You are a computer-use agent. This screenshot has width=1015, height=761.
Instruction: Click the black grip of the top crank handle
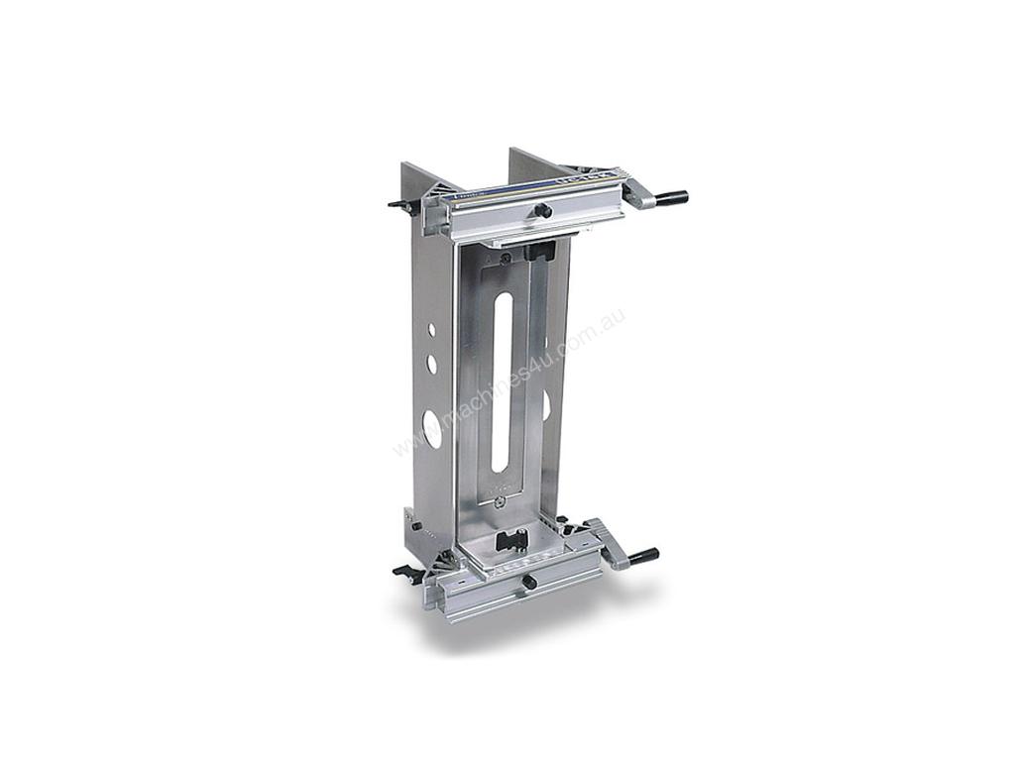pos(671,198)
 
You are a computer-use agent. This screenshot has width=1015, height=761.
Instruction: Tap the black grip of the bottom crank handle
pos(643,556)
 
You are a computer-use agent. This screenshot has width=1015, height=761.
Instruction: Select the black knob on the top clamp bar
pos(542,210)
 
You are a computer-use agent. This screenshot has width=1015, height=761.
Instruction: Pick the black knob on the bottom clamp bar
pos(529,583)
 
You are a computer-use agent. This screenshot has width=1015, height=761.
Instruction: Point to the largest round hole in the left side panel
pos(432,427)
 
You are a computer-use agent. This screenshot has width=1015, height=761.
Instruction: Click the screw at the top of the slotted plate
pos(506,259)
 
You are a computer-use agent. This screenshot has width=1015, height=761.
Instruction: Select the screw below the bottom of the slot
pos(506,503)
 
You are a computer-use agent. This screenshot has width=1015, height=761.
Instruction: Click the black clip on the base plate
pos(512,540)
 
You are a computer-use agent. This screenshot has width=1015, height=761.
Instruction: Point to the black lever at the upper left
pos(400,206)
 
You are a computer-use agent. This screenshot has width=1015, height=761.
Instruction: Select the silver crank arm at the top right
pos(639,193)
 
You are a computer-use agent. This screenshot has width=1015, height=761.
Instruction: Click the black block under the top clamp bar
pos(539,250)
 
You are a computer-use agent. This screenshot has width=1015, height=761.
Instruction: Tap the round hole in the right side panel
pos(546,404)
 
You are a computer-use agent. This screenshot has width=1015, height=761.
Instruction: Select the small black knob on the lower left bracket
pos(415,526)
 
